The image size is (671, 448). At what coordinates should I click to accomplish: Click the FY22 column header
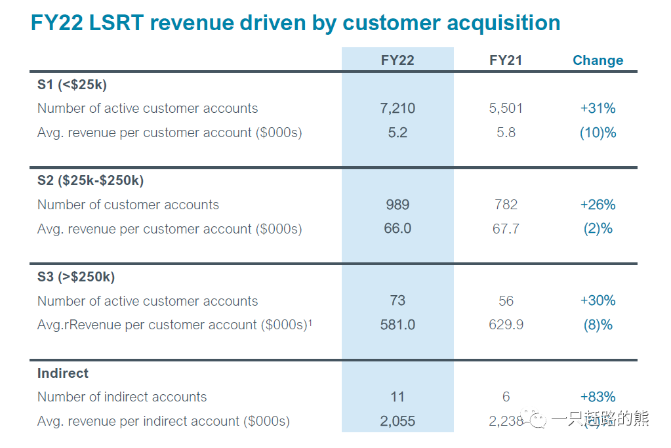point(397,60)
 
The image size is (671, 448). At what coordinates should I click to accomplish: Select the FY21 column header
point(506,60)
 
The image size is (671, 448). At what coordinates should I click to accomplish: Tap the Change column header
point(598,60)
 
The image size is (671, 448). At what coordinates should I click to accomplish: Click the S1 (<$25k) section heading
point(72,84)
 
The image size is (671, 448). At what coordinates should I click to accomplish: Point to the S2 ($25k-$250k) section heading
point(91,180)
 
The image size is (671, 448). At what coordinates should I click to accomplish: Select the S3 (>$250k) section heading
point(76,277)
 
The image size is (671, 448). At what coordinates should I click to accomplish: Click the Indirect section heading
point(63,373)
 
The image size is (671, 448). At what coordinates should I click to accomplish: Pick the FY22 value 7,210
point(397,108)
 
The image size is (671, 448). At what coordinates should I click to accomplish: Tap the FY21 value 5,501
point(506,108)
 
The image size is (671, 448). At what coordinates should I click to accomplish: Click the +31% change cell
point(598,108)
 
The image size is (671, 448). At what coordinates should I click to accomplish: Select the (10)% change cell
point(598,132)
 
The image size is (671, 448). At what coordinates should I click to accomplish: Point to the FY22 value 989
point(397,205)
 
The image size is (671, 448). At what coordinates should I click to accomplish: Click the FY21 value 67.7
point(506,229)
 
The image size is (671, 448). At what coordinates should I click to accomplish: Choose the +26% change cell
point(598,205)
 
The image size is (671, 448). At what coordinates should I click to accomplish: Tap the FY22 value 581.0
point(397,325)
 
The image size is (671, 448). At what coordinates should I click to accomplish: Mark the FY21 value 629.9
point(506,325)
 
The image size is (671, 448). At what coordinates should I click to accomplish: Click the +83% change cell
point(598,397)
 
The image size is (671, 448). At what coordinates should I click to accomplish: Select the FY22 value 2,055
point(397,421)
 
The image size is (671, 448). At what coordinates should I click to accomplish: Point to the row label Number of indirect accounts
point(122,397)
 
